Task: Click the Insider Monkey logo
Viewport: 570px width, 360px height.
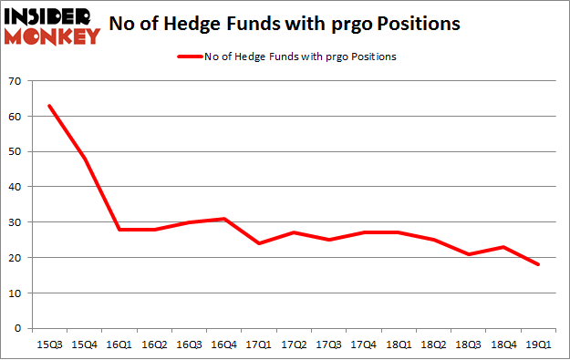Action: [52, 26]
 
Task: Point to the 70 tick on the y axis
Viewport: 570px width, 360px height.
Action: [16, 81]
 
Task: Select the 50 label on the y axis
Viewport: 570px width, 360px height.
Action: [16, 151]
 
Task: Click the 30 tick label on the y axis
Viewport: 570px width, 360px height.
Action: [16, 222]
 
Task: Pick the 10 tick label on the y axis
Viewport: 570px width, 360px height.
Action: [16, 293]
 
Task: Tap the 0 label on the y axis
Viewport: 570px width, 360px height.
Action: [19, 328]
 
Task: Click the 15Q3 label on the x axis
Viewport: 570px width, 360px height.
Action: [48, 344]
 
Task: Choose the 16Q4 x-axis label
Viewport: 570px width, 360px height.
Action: [224, 344]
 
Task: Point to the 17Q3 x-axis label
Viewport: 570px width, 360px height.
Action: [330, 344]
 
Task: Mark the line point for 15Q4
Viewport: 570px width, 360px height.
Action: [84, 159]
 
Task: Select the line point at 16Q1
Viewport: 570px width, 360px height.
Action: [119, 230]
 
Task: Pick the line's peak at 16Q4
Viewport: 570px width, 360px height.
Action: [224, 219]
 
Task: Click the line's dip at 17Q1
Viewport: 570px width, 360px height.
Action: [260, 243]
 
